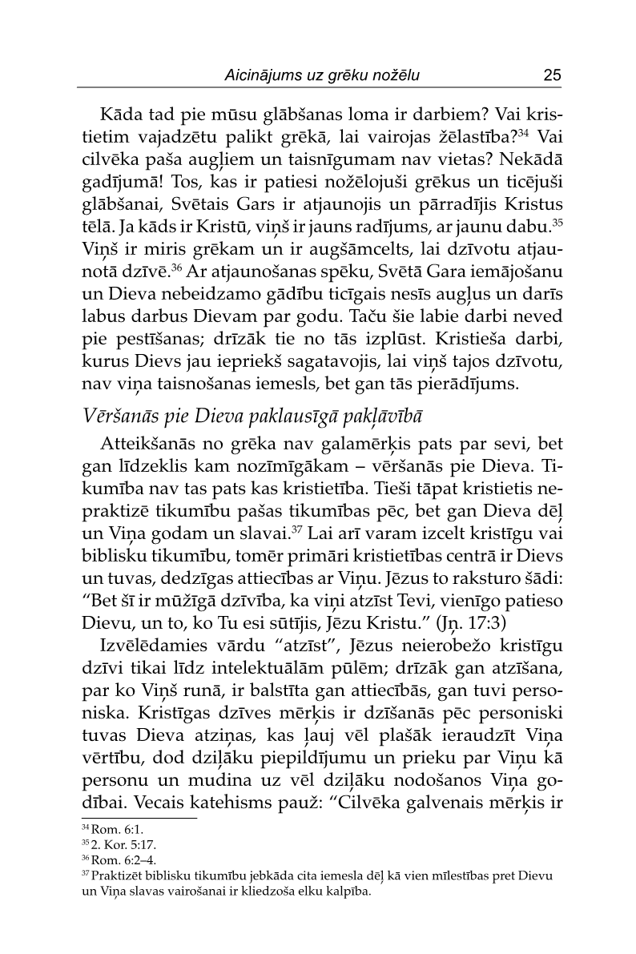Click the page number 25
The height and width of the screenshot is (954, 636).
(x=551, y=75)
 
